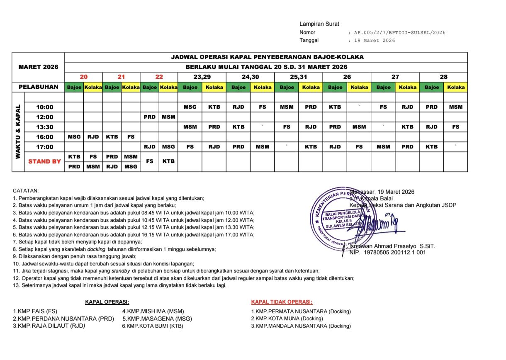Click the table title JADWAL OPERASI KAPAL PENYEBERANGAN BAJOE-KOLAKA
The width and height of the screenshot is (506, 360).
tap(267, 57)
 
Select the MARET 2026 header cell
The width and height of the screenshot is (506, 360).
tap(39, 67)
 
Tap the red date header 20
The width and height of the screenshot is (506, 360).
tap(84, 77)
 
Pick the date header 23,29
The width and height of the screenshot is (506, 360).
tap(202, 77)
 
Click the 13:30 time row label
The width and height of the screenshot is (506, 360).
tap(45, 127)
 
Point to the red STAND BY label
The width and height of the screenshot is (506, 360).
tap(45, 161)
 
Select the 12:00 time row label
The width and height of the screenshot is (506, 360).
tap(45, 117)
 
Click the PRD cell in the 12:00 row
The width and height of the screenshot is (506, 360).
tap(149, 117)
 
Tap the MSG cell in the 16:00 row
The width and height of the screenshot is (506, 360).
tap(74, 137)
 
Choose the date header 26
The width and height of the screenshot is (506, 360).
tap(347, 77)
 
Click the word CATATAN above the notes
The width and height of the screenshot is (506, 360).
tap(26, 191)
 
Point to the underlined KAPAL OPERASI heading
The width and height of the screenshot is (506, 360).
tap(107, 302)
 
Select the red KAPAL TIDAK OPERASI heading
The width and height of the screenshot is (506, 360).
tap(282, 302)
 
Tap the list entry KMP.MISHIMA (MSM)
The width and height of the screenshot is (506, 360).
tap(153, 311)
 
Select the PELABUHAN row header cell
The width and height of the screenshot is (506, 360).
tap(39, 87)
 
